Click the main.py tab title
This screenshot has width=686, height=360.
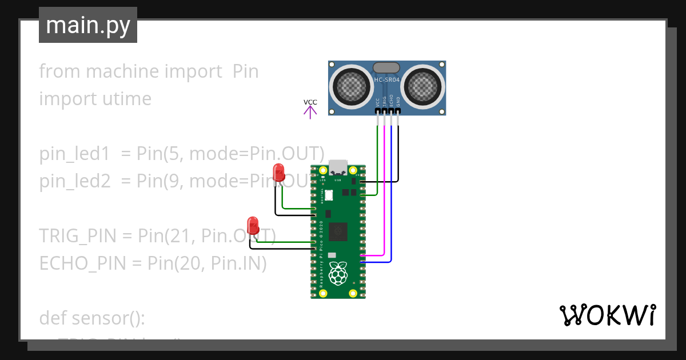pos(88,25)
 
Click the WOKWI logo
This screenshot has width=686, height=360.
pos(607,315)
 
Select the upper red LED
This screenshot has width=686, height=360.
pos(279,173)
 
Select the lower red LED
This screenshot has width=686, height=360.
pos(252,225)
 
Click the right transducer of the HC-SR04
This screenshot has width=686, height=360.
pos(424,87)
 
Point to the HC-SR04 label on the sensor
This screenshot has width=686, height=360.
pos(386,80)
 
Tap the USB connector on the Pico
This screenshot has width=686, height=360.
pos(338,166)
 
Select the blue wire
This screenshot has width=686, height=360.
pos(391,229)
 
